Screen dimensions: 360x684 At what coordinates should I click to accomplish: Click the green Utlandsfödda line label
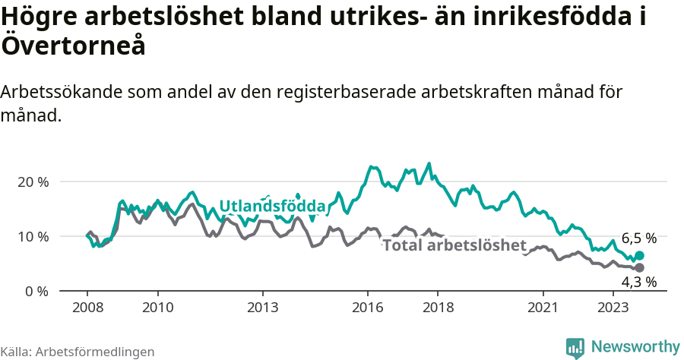point(272,207)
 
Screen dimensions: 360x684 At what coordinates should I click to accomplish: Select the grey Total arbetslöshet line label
point(454,245)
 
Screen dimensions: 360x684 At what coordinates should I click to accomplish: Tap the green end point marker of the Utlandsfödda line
point(639,256)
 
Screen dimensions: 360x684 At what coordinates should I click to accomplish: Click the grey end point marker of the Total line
point(639,268)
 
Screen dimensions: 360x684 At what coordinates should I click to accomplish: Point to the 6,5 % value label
point(638,238)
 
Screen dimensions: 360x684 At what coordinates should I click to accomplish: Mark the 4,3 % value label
point(638,283)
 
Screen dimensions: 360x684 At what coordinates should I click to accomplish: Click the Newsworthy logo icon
point(575,347)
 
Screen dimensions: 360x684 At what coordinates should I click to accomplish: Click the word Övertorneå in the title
point(74,46)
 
